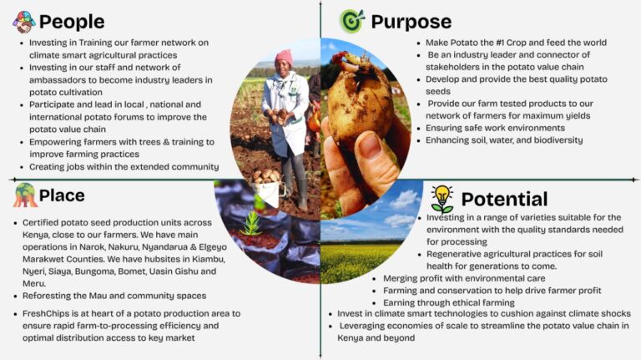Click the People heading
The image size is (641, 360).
tap(72, 22)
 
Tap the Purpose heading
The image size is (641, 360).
tap(411, 22)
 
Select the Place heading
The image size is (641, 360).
tap(62, 195)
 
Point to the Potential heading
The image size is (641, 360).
tap(504, 200)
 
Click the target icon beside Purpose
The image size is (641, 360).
tap(351, 21)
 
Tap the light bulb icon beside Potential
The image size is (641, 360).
tap(442, 200)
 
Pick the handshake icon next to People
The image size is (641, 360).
tap(23, 22)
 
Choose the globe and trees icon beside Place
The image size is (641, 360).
tap(25, 195)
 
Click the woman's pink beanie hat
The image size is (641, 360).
tap(284, 58)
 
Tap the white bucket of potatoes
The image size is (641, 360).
tap(268, 188)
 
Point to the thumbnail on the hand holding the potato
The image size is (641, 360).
tap(371, 146)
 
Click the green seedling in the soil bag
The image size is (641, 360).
tap(251, 222)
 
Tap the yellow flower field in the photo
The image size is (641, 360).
tap(360, 261)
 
